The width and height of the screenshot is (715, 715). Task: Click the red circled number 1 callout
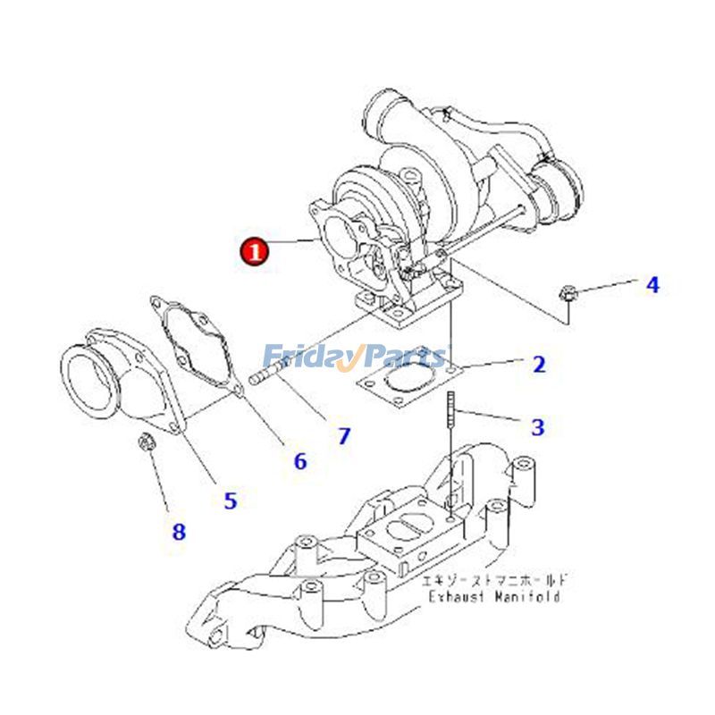click(x=255, y=252)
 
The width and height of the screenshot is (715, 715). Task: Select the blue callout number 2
click(x=538, y=365)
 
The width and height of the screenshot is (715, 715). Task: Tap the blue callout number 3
click(x=537, y=428)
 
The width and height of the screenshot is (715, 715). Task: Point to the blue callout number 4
click(x=652, y=285)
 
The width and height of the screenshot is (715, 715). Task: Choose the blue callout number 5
click(x=231, y=500)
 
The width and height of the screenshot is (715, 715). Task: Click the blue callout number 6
click(x=300, y=461)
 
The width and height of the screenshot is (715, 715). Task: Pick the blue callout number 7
click(x=344, y=436)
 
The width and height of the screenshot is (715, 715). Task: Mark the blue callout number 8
click(x=179, y=533)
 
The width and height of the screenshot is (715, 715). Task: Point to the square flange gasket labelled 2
click(x=406, y=380)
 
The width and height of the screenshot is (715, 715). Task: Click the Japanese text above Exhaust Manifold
click(x=494, y=580)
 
